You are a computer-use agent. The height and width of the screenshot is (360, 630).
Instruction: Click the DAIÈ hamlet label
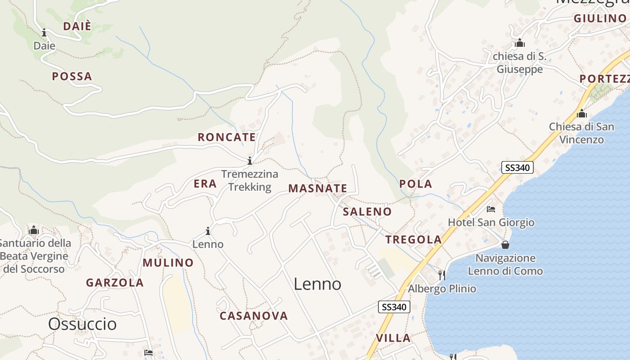coord(77,26)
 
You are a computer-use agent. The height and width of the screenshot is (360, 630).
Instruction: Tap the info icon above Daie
coord(44,32)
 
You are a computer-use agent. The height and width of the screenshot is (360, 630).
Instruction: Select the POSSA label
coord(72,76)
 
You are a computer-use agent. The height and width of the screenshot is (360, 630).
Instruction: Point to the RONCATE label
coord(227,137)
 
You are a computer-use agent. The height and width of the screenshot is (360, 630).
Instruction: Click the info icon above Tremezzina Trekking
coord(250,161)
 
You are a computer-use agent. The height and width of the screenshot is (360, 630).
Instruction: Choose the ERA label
coord(205,184)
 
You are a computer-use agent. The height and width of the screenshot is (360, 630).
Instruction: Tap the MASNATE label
coord(318,189)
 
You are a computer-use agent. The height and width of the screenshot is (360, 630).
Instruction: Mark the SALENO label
coord(367,211)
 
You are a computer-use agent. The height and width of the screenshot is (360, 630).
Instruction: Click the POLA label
coord(415,184)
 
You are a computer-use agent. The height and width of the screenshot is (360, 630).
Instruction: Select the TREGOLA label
coord(414,240)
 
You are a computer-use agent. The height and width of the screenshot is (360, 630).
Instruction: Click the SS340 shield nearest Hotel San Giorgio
coord(517,168)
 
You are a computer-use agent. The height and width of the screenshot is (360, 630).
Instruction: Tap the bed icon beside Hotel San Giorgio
coord(491,209)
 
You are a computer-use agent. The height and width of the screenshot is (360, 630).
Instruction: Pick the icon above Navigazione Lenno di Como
coord(505,245)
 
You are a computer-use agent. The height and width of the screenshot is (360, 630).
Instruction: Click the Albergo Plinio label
coord(442,288)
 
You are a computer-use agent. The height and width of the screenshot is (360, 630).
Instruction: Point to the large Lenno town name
coord(317,284)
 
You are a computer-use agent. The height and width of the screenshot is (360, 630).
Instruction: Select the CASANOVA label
coord(254,316)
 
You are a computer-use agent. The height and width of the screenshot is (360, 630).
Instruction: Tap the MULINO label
coord(168,263)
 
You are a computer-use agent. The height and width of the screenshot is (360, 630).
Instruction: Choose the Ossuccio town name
coord(82,324)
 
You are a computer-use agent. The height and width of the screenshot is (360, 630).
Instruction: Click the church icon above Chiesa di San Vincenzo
coord(581,113)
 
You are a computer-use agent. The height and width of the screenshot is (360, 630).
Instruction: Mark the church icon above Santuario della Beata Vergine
coord(34,230)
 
